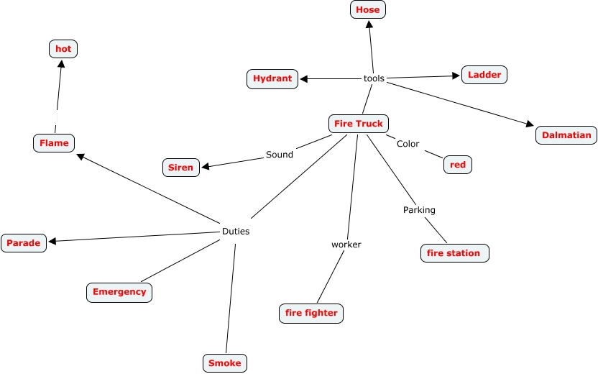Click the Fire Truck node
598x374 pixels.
point(359,124)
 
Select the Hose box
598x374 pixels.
point(368,9)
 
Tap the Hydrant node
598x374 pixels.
point(272,78)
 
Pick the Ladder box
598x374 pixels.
point(484,75)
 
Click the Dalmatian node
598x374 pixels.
point(566,134)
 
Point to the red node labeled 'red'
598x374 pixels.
point(458,165)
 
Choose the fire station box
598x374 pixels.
point(454,253)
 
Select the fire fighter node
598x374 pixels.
point(311,313)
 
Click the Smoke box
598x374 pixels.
point(225,363)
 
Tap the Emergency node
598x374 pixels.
point(119,292)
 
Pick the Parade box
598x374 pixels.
point(24,243)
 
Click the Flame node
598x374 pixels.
point(54,143)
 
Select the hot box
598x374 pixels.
point(63,49)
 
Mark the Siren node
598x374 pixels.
point(180,168)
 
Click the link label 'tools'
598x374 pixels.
point(374,78)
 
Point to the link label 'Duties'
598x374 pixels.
point(236,232)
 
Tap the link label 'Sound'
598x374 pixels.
point(280,155)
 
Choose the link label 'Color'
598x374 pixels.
point(408,144)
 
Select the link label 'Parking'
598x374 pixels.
point(419,210)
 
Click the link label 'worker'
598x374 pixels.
point(346,245)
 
